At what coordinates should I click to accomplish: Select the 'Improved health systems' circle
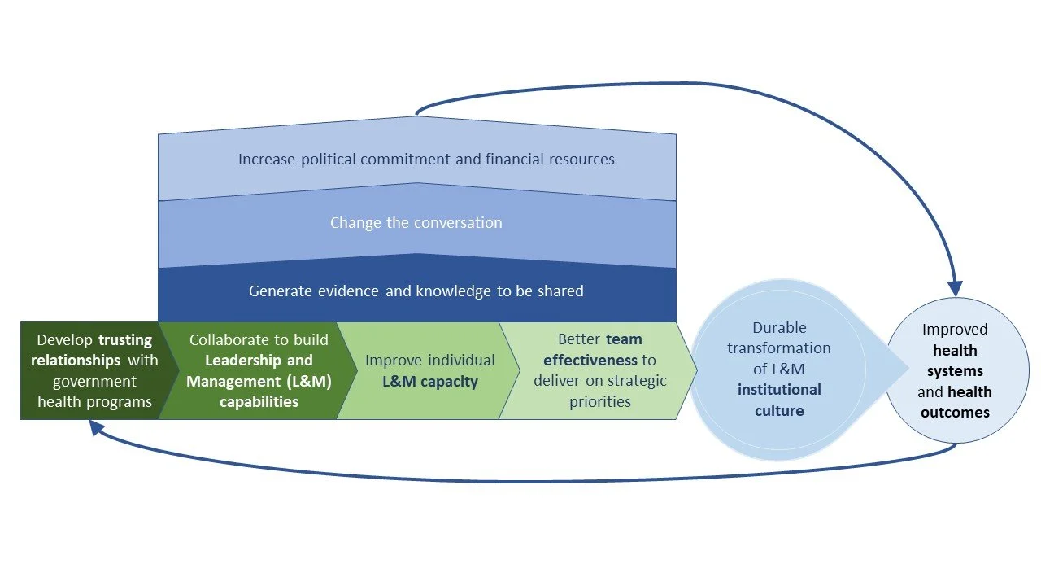pos(956,370)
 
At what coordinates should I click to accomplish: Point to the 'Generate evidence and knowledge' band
pos(416,291)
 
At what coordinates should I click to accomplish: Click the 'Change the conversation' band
pos(416,223)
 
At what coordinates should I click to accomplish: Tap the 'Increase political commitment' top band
pos(416,160)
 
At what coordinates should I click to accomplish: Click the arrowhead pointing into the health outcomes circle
pos(955,289)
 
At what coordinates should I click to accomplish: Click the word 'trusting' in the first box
pos(125,340)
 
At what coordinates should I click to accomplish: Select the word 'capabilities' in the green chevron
pos(259,402)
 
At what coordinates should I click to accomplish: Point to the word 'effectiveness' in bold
pos(590,361)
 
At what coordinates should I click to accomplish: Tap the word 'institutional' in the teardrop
pos(779,390)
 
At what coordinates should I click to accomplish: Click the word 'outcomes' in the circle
pos(955,413)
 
